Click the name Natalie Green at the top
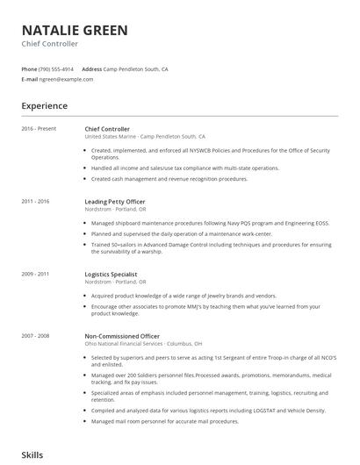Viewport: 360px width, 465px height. [75, 30]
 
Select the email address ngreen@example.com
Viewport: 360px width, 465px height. [66, 79]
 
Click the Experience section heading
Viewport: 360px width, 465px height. [44, 106]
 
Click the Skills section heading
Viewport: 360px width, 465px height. [32, 456]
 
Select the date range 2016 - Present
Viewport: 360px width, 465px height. [39, 129]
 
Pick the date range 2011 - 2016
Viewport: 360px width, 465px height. [35, 202]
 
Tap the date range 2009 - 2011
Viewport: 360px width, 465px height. [35, 275]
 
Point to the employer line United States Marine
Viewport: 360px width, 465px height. [144, 137]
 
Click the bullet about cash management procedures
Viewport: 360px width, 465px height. [169, 179]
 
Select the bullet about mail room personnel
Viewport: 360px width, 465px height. [165, 422]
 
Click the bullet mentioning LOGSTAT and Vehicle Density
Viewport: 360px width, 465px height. [208, 411]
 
